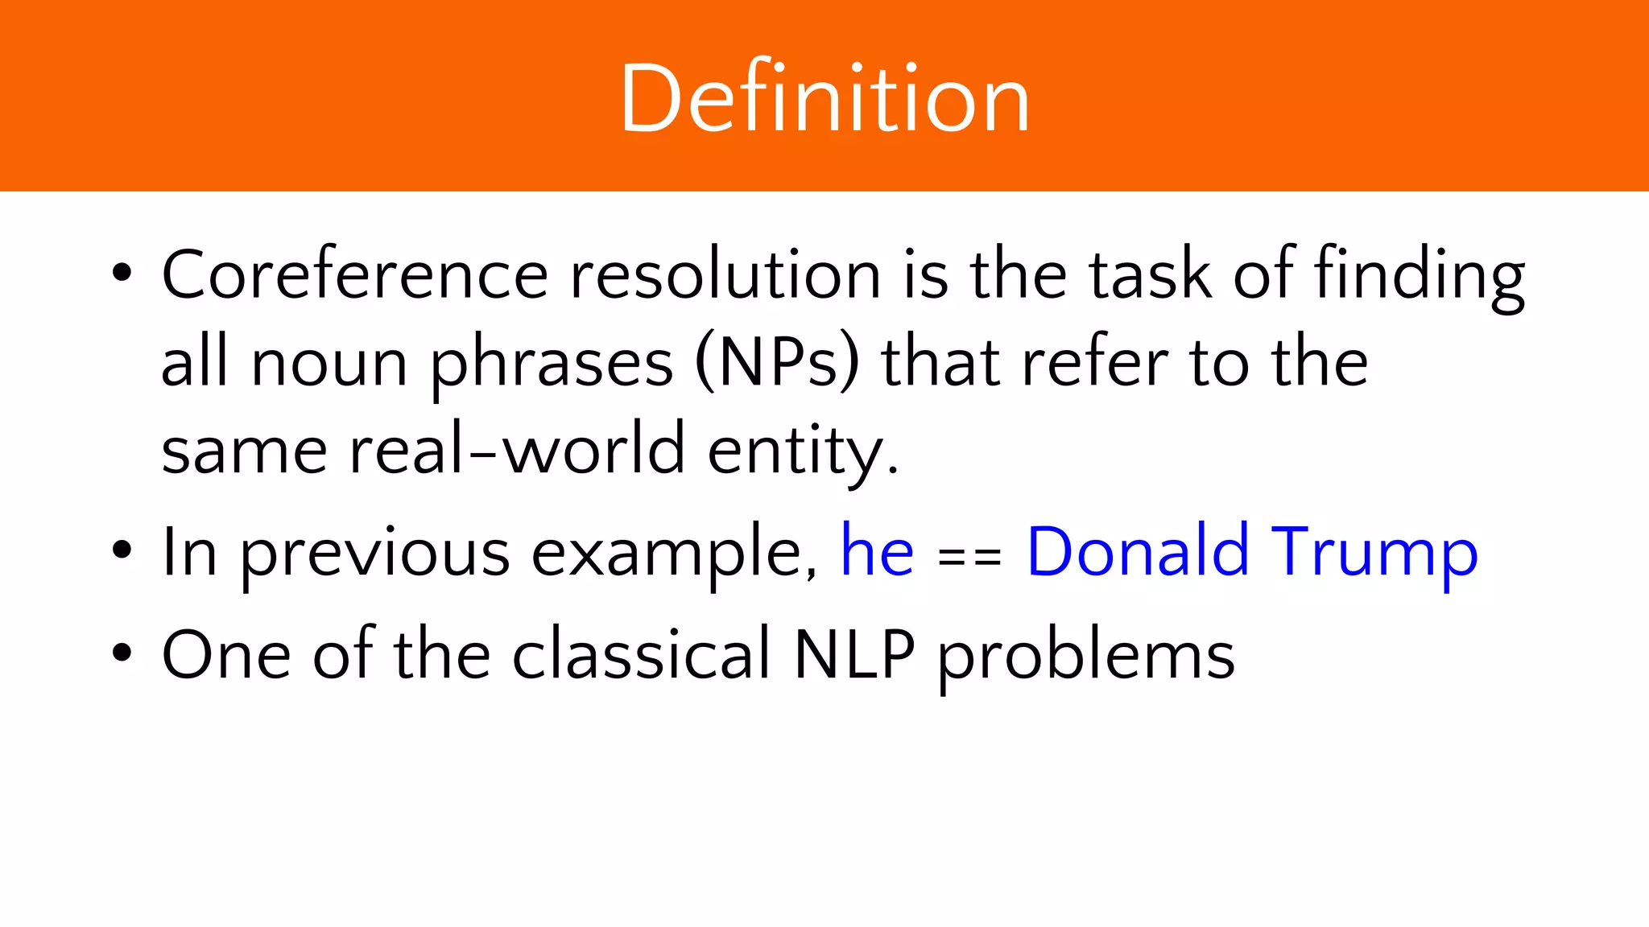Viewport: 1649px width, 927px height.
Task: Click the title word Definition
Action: pos(824,98)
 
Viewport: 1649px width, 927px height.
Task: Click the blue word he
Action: pos(877,552)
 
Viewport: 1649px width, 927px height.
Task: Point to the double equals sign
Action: pos(970,556)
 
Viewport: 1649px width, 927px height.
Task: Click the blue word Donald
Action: pos(1138,552)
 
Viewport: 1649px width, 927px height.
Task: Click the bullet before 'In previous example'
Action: pos(122,551)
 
